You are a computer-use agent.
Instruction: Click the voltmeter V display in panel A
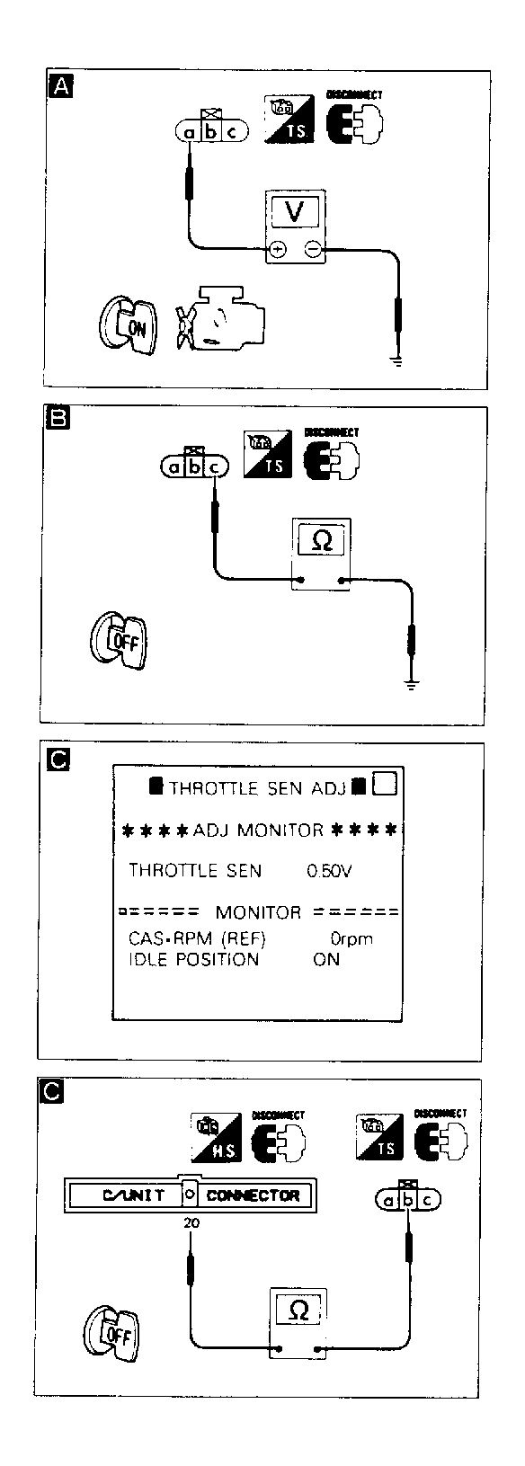point(294,212)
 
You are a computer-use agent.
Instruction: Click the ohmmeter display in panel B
point(320,541)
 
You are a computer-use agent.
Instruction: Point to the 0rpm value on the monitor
point(351,939)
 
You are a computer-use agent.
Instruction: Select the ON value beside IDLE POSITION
point(326,959)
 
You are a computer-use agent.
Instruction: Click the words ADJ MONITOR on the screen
point(258,830)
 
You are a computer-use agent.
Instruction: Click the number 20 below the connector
point(191,1222)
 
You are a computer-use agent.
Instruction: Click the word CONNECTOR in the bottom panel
point(253,1195)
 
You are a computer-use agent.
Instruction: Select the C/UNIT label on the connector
point(134,1195)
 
